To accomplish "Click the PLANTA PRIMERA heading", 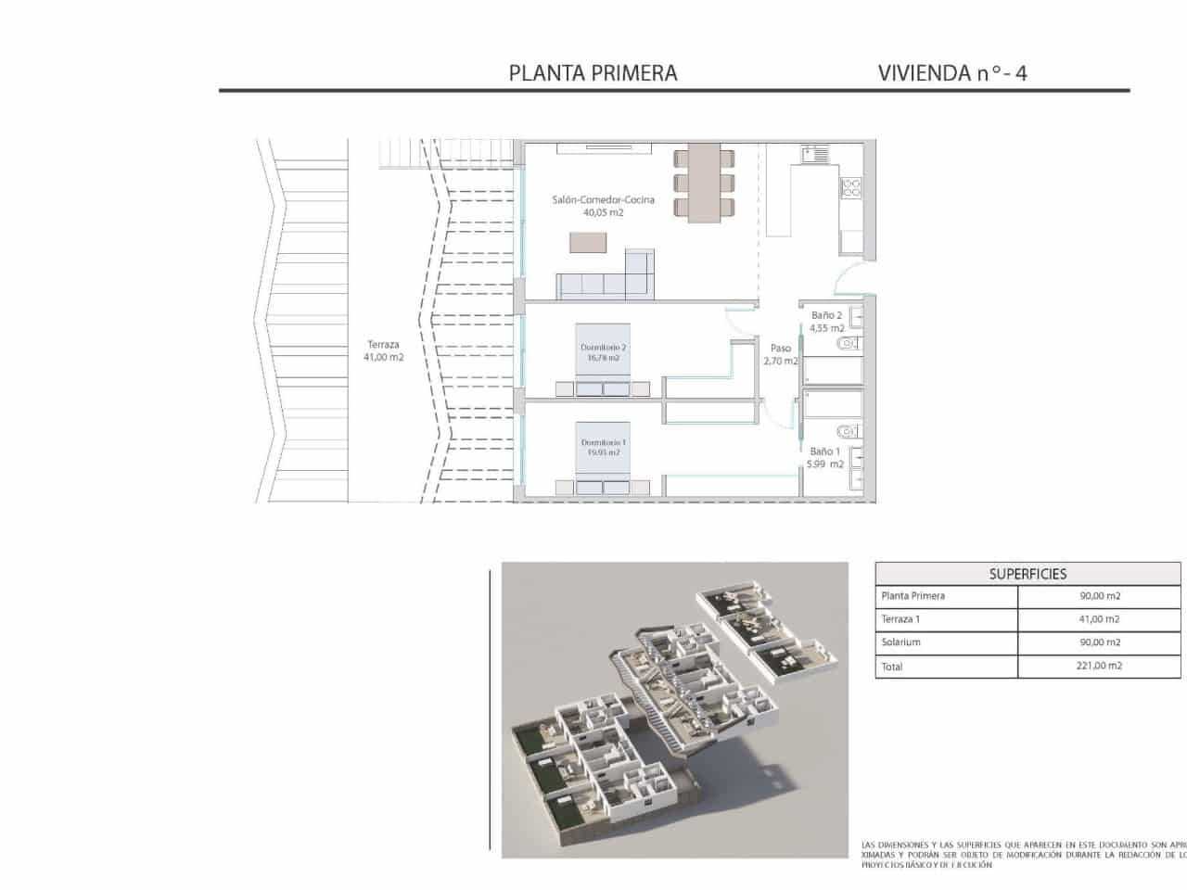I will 593,73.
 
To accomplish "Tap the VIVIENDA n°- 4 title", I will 951,73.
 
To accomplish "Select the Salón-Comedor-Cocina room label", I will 603,200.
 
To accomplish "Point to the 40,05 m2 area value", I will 603,212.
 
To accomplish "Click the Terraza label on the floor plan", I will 383,345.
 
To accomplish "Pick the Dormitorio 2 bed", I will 602,362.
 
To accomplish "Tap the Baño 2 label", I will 826,315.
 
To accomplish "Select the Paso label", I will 781,349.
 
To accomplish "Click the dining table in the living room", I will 704,183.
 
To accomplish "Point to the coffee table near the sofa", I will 586,242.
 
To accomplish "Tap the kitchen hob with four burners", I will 851,188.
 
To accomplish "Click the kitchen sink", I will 815,153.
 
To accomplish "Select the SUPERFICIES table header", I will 1027,574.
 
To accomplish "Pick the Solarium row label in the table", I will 900,642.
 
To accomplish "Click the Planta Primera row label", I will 913,596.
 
